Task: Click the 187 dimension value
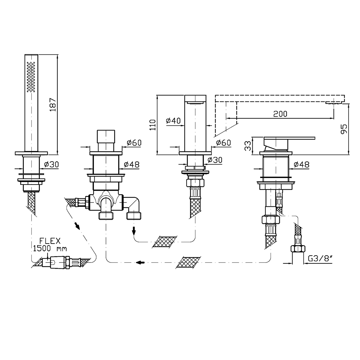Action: point(53,105)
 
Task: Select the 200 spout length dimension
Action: point(280,114)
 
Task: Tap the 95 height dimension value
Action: point(344,129)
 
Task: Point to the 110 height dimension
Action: point(153,125)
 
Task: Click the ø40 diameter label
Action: point(173,121)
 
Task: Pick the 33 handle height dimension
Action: point(248,146)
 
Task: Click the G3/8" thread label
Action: point(320,259)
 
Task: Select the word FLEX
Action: point(50,241)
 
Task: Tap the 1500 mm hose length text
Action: point(50,248)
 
